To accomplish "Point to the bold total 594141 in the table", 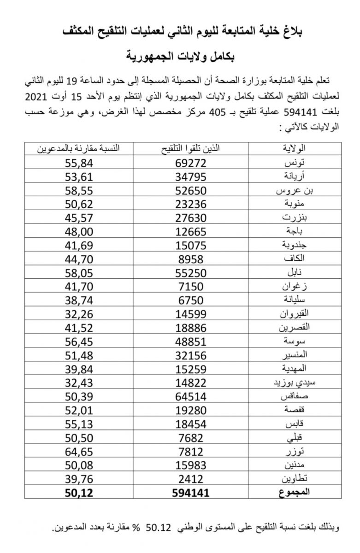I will tap(190, 493).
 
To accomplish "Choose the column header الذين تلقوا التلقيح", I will tap(190, 148).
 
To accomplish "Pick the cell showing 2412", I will tap(190, 480).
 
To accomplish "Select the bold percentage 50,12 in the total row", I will tap(79, 493).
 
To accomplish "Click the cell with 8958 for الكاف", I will tap(190, 259).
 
